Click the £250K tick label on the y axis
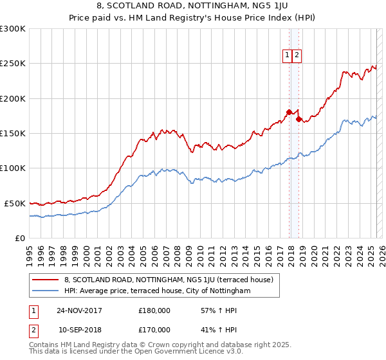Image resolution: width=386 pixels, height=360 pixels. coord(13,64)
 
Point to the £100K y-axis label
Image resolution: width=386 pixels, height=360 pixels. coord(13,168)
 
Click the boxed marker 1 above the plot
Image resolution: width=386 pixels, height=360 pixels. coord(287,55)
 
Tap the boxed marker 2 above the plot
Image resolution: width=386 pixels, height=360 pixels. coord(297,55)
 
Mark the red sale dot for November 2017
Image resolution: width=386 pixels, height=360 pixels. coord(289,112)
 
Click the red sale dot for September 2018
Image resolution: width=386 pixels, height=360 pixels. coord(299,119)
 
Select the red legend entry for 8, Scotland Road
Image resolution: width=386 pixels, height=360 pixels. coord(169,280)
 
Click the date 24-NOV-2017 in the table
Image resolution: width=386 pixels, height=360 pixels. coord(79,310)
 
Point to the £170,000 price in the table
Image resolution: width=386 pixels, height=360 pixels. coord(154,328)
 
